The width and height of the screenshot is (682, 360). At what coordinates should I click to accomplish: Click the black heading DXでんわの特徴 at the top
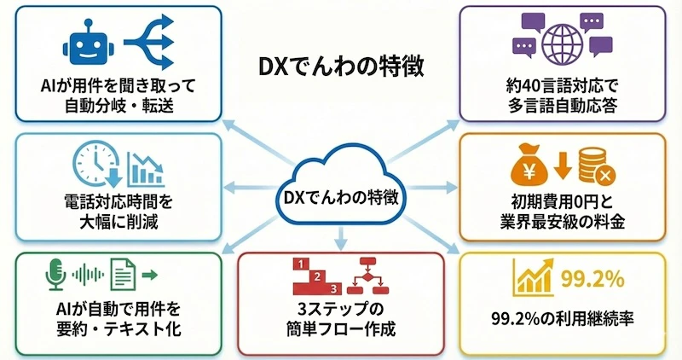[x=340, y=67]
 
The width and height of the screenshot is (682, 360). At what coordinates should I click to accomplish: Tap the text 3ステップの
[x=341, y=307]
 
